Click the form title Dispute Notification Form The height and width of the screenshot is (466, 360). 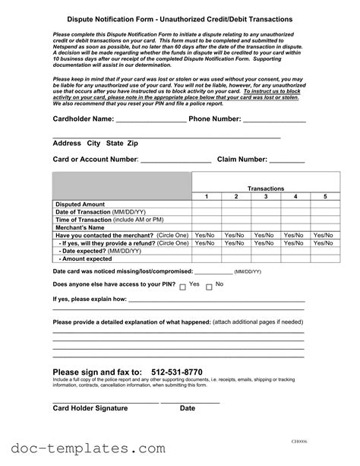click(179, 18)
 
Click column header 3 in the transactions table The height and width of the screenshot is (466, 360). click(265, 197)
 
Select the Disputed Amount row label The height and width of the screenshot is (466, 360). click(81, 204)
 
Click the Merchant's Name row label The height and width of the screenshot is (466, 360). click(81, 227)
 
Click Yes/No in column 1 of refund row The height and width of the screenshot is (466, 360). click(206, 243)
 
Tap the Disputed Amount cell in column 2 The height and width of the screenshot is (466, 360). click(235, 204)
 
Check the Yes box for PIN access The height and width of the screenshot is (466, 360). click(183, 287)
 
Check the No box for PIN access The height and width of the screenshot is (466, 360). click(210, 287)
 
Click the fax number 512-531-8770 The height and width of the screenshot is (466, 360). click(177, 372)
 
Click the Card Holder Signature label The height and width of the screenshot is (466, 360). click(90, 409)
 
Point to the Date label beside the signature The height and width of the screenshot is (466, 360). click(187, 409)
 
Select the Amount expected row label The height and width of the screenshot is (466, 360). click(86, 258)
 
